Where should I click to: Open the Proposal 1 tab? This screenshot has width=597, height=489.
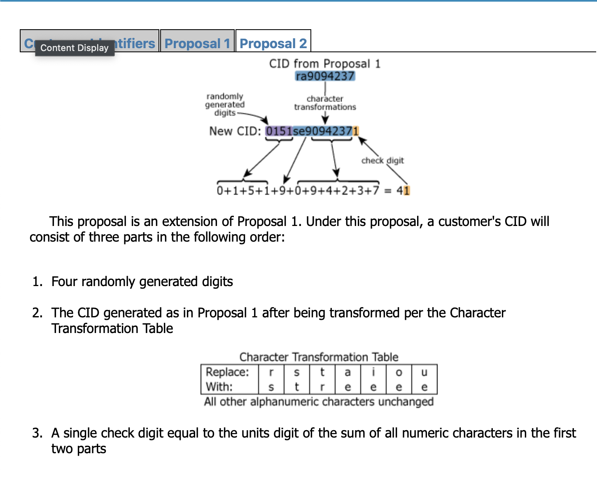pyautogui.click(x=197, y=43)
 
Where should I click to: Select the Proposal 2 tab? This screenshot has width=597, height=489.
pyautogui.click(x=273, y=43)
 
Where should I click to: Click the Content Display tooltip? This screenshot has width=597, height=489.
pyautogui.click(x=75, y=48)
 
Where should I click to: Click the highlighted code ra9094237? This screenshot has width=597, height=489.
pyautogui.click(x=325, y=76)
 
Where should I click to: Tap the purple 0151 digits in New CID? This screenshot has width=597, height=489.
pyautogui.click(x=279, y=131)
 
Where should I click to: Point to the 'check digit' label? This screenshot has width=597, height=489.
pyautogui.click(x=382, y=161)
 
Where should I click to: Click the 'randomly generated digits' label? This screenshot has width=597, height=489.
pyautogui.click(x=225, y=105)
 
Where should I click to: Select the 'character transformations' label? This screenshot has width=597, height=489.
pyautogui.click(x=325, y=103)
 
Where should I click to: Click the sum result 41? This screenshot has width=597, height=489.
pyautogui.click(x=403, y=191)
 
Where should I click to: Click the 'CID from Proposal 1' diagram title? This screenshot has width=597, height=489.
pyautogui.click(x=324, y=64)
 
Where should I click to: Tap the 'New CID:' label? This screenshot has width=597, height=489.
pyautogui.click(x=235, y=131)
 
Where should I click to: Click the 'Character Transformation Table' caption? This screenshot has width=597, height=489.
pyautogui.click(x=319, y=357)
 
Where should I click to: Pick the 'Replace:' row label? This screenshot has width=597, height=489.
pyautogui.click(x=227, y=372)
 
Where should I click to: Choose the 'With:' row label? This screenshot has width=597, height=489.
pyautogui.click(x=219, y=387)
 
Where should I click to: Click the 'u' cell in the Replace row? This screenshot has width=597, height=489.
pyautogui.click(x=424, y=372)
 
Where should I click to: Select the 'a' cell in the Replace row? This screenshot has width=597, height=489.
pyautogui.click(x=347, y=372)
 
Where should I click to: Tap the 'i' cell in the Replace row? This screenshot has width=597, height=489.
pyautogui.click(x=373, y=372)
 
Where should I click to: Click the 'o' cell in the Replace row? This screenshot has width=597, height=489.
pyautogui.click(x=399, y=372)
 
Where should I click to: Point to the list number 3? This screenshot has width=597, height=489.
pyautogui.click(x=37, y=433)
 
